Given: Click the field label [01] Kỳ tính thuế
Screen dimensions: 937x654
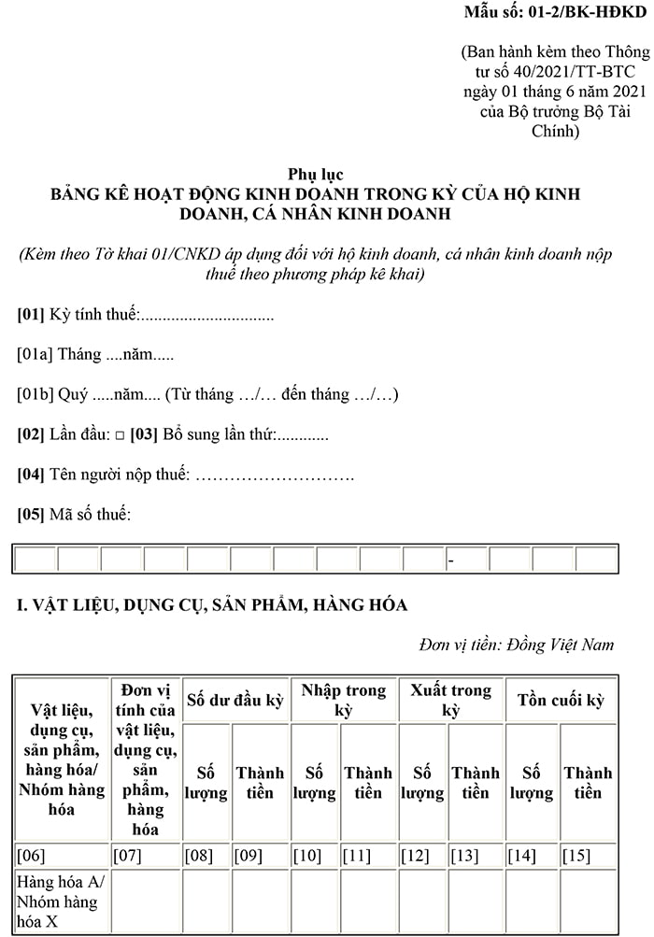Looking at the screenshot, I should click(78, 315).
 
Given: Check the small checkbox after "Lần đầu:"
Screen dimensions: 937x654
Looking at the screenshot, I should click(119, 436).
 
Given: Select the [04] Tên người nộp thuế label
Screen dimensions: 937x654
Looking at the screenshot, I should click(104, 476).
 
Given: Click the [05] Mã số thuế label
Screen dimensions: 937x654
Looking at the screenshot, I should click(75, 515).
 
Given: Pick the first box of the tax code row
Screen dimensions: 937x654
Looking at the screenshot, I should click(36, 560).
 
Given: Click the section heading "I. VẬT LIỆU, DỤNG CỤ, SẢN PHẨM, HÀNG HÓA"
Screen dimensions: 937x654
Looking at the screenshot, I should click(212, 605).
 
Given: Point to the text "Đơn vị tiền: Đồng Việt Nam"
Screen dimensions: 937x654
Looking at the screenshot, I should click(517, 645).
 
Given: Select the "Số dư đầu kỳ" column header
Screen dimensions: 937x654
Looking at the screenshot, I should click(235, 700).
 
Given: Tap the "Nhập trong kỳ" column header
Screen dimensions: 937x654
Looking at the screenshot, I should click(344, 700).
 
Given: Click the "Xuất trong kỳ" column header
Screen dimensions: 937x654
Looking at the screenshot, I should click(451, 700).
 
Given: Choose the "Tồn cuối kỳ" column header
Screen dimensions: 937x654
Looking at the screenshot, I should click(562, 700).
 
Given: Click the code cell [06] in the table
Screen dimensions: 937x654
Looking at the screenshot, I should click(32, 855).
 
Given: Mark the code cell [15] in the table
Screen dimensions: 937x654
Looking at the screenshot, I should click(576, 855).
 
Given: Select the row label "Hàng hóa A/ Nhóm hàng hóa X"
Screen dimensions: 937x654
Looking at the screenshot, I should click(58, 902).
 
